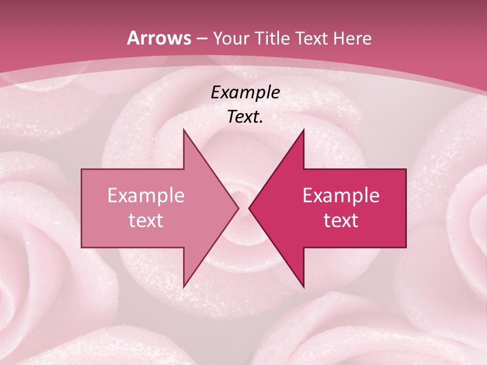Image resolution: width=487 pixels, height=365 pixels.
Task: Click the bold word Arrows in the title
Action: click(159, 38)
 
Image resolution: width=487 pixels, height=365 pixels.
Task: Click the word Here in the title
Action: click(352, 39)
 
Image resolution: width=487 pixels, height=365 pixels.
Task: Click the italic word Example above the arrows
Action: click(245, 93)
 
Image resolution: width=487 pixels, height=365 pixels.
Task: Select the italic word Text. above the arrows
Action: click(245, 117)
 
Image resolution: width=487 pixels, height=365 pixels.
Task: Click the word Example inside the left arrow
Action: click(146, 196)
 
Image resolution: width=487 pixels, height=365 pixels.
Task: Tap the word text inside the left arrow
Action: click(146, 221)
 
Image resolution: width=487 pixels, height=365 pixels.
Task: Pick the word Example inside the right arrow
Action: click(341, 196)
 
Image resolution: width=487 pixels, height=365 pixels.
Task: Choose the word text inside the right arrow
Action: click(341, 221)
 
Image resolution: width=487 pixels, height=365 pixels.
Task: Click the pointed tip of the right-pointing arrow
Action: click(238, 208)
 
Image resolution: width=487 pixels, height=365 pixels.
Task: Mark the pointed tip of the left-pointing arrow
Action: click(250, 208)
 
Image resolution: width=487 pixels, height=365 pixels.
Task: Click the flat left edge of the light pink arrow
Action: click(82, 208)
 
